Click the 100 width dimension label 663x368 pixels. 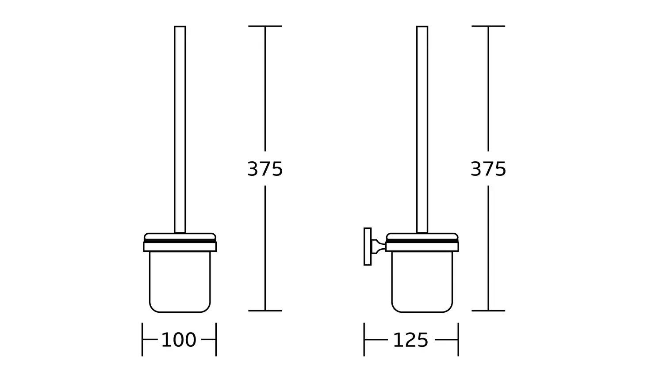tap(179, 340)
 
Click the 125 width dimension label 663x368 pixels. tap(410, 340)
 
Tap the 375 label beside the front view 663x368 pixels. tap(265, 169)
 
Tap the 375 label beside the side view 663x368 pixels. tap(488, 169)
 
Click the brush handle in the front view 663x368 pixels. tap(180, 129)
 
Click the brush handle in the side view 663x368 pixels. tap(422, 129)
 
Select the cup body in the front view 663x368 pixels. tap(180, 282)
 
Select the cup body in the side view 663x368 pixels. tap(422, 282)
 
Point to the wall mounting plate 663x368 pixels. tap(368, 247)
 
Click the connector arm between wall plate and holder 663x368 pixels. tap(379, 247)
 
